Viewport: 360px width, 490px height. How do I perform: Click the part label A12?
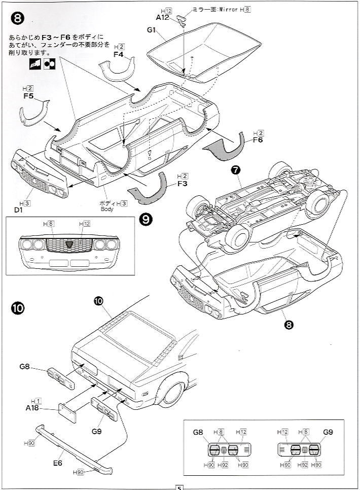click(162, 17)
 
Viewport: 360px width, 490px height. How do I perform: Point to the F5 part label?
click(28, 95)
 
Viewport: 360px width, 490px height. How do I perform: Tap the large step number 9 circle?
click(146, 219)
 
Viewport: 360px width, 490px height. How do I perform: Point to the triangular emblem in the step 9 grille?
click(68, 245)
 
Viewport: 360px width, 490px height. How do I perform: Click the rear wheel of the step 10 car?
click(171, 394)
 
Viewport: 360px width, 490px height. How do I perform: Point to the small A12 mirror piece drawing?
click(181, 19)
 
